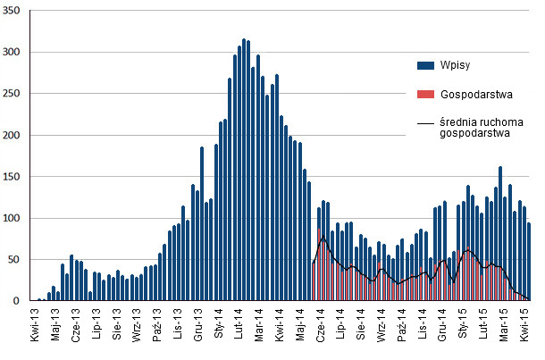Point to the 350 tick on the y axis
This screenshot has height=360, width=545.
(16, 11)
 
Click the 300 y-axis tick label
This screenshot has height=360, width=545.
(16, 52)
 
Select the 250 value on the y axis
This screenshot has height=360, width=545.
(16, 94)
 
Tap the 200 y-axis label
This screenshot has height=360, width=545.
(16, 135)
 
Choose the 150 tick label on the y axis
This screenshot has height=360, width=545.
(16, 177)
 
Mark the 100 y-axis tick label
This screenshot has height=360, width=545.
(16, 218)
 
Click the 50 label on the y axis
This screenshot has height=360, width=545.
(19, 260)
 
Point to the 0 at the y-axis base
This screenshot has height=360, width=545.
(22, 301)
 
